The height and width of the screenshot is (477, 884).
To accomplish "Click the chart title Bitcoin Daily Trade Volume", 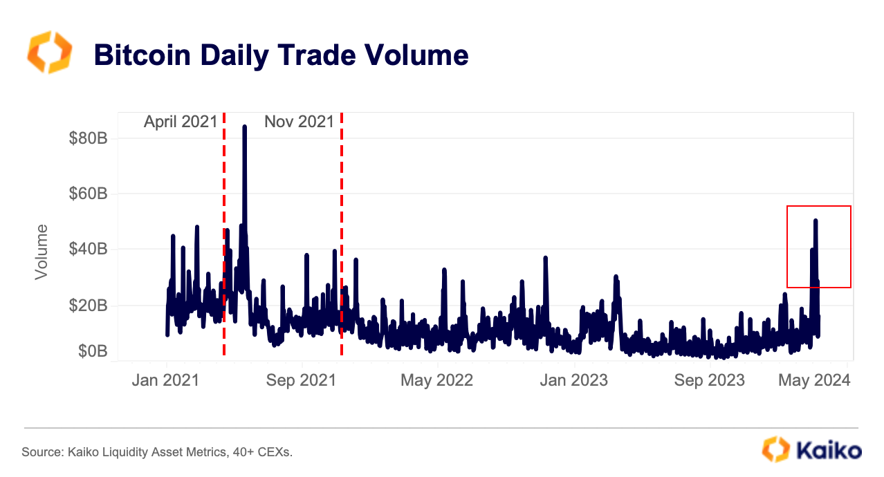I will pyautogui.click(x=281, y=55).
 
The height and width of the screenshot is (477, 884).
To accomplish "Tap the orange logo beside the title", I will pyautogui.click(x=49, y=52).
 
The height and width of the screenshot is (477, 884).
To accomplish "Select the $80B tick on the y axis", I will pyautogui.click(x=88, y=138).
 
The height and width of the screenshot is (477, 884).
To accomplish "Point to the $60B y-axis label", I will pyautogui.click(x=88, y=194).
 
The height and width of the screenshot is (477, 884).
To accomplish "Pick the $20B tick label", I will pyautogui.click(x=88, y=305).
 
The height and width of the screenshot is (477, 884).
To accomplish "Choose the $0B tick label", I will pyautogui.click(x=91, y=351).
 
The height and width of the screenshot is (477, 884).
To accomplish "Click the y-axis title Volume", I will pyautogui.click(x=42, y=251).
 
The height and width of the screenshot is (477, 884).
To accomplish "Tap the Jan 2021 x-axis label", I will pyautogui.click(x=166, y=380).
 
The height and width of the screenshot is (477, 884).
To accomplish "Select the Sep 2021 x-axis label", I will pyautogui.click(x=302, y=380).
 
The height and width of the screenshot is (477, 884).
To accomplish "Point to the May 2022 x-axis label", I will pyautogui.click(x=437, y=380).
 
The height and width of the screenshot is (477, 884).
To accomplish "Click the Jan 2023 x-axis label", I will pyautogui.click(x=574, y=380).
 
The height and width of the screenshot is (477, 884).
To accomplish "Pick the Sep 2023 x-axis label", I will pyautogui.click(x=710, y=380).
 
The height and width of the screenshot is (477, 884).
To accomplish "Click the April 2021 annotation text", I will pyautogui.click(x=180, y=122).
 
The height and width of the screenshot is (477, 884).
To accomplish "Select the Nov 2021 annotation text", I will pyautogui.click(x=299, y=122).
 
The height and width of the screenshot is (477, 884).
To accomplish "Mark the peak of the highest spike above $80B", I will pyautogui.click(x=245, y=127).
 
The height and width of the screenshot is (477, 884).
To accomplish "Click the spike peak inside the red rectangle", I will pyautogui.click(x=816, y=221).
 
